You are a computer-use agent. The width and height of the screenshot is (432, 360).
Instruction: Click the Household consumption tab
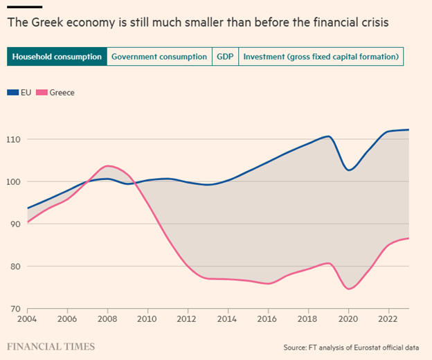(x=57, y=57)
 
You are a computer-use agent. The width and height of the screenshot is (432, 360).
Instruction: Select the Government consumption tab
(x=159, y=57)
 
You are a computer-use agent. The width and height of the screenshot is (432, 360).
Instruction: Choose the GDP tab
(x=224, y=57)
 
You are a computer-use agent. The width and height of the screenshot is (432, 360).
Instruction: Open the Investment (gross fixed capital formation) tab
(x=321, y=57)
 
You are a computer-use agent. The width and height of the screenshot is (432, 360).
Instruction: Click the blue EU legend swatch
(x=13, y=92)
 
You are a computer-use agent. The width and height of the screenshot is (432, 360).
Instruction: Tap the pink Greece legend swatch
(x=42, y=92)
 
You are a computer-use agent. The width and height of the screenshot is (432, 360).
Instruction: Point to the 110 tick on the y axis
(x=13, y=140)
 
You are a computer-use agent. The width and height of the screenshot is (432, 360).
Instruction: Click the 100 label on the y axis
(x=13, y=182)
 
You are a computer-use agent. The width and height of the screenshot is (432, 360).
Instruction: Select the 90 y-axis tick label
(x=15, y=224)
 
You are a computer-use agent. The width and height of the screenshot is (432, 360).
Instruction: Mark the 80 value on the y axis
(x=15, y=267)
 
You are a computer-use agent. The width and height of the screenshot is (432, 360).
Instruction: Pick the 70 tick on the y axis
(x=15, y=309)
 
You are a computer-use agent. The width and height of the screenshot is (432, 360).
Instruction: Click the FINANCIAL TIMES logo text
(x=51, y=345)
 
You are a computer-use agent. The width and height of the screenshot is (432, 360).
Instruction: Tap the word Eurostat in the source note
(x=372, y=346)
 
